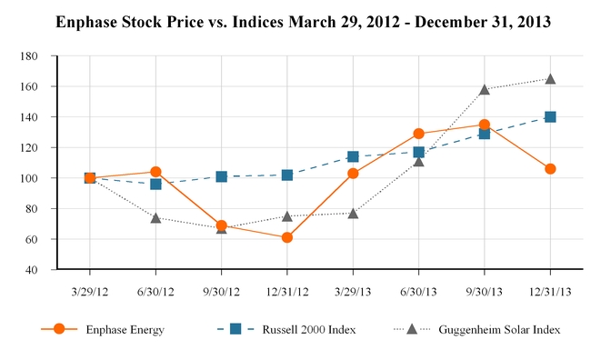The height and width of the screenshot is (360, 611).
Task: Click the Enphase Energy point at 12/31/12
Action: click(x=287, y=237)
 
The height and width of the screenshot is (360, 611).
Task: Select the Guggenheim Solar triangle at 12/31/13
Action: click(x=550, y=79)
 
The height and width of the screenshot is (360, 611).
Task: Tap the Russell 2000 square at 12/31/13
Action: click(x=550, y=117)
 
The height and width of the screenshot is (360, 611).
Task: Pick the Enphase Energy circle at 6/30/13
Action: click(x=419, y=134)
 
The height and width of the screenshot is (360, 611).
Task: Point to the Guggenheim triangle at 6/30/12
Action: click(x=155, y=218)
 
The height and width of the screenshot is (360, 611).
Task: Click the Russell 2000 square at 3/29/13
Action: click(x=353, y=156)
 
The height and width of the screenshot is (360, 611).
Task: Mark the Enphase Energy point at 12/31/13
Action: click(x=550, y=169)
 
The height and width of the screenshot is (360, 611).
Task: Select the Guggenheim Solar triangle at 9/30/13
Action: click(x=485, y=90)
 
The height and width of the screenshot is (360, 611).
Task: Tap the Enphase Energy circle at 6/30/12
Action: click(x=155, y=172)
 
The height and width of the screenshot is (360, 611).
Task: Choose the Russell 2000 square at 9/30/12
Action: click(x=221, y=177)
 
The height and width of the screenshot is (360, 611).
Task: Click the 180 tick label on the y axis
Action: click(x=29, y=56)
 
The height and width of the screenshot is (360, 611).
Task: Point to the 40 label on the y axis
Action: click(x=32, y=270)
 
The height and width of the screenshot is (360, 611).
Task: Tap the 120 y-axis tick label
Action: click(x=29, y=147)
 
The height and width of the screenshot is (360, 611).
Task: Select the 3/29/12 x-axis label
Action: click(x=90, y=292)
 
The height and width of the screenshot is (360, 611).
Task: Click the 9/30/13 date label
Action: click(x=485, y=292)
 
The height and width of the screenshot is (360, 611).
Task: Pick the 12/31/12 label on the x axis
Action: click(x=287, y=292)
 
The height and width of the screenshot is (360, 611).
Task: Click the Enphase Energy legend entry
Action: click(x=103, y=330)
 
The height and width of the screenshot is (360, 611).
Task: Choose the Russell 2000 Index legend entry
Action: click(x=286, y=330)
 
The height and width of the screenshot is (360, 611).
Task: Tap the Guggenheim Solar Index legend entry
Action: click(x=477, y=330)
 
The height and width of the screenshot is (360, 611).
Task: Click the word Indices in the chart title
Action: click(x=258, y=22)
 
